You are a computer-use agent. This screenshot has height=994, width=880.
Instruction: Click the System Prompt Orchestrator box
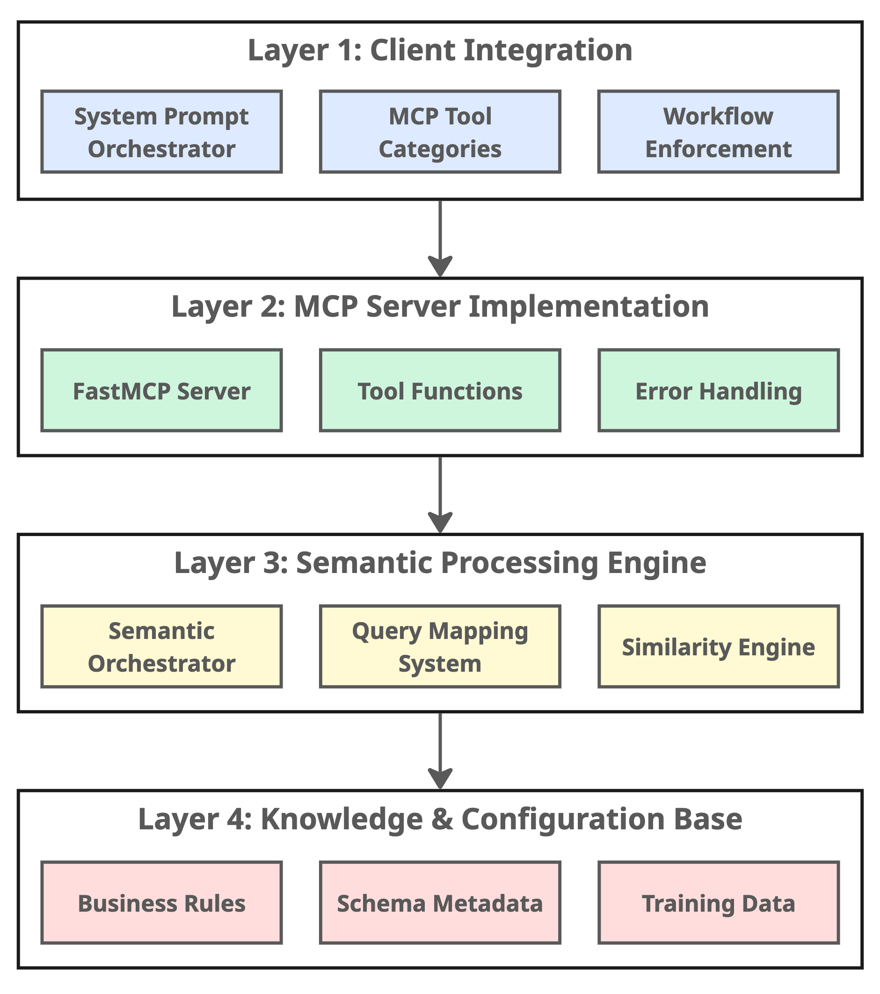coord(161,132)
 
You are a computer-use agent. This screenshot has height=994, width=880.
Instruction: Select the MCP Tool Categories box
coord(440,132)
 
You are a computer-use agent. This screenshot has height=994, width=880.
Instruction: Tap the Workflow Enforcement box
coord(718,132)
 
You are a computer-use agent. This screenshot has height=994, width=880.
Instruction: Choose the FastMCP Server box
coord(161,391)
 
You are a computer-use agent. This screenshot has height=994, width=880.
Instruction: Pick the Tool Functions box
coord(440,391)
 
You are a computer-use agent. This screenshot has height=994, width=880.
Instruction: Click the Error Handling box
coord(718,391)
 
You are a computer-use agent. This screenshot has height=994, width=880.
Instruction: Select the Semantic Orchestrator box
coord(161,647)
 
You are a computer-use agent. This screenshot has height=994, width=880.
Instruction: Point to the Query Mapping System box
coord(440,647)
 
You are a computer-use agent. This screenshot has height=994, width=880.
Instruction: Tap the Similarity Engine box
coord(718,647)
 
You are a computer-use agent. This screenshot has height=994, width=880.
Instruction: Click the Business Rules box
coord(161,903)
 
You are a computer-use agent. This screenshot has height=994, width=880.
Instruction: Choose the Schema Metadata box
coord(440,903)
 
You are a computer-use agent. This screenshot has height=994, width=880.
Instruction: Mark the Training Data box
coord(718,903)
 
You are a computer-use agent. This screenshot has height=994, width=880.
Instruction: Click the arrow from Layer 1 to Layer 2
coord(440,238)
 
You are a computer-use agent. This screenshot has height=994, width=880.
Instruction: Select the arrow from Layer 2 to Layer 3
coord(440,494)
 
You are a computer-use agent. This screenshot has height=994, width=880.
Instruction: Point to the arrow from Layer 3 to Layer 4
coord(440,751)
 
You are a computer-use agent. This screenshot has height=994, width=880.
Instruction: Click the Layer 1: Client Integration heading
coord(440,50)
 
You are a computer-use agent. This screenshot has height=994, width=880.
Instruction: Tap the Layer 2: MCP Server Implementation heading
coord(440,307)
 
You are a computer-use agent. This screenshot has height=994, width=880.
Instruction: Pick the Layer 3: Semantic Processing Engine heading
coord(440,563)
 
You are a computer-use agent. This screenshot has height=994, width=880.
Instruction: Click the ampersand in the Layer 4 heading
coord(441,820)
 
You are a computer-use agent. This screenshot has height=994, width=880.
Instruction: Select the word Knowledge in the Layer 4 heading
coord(342,820)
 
